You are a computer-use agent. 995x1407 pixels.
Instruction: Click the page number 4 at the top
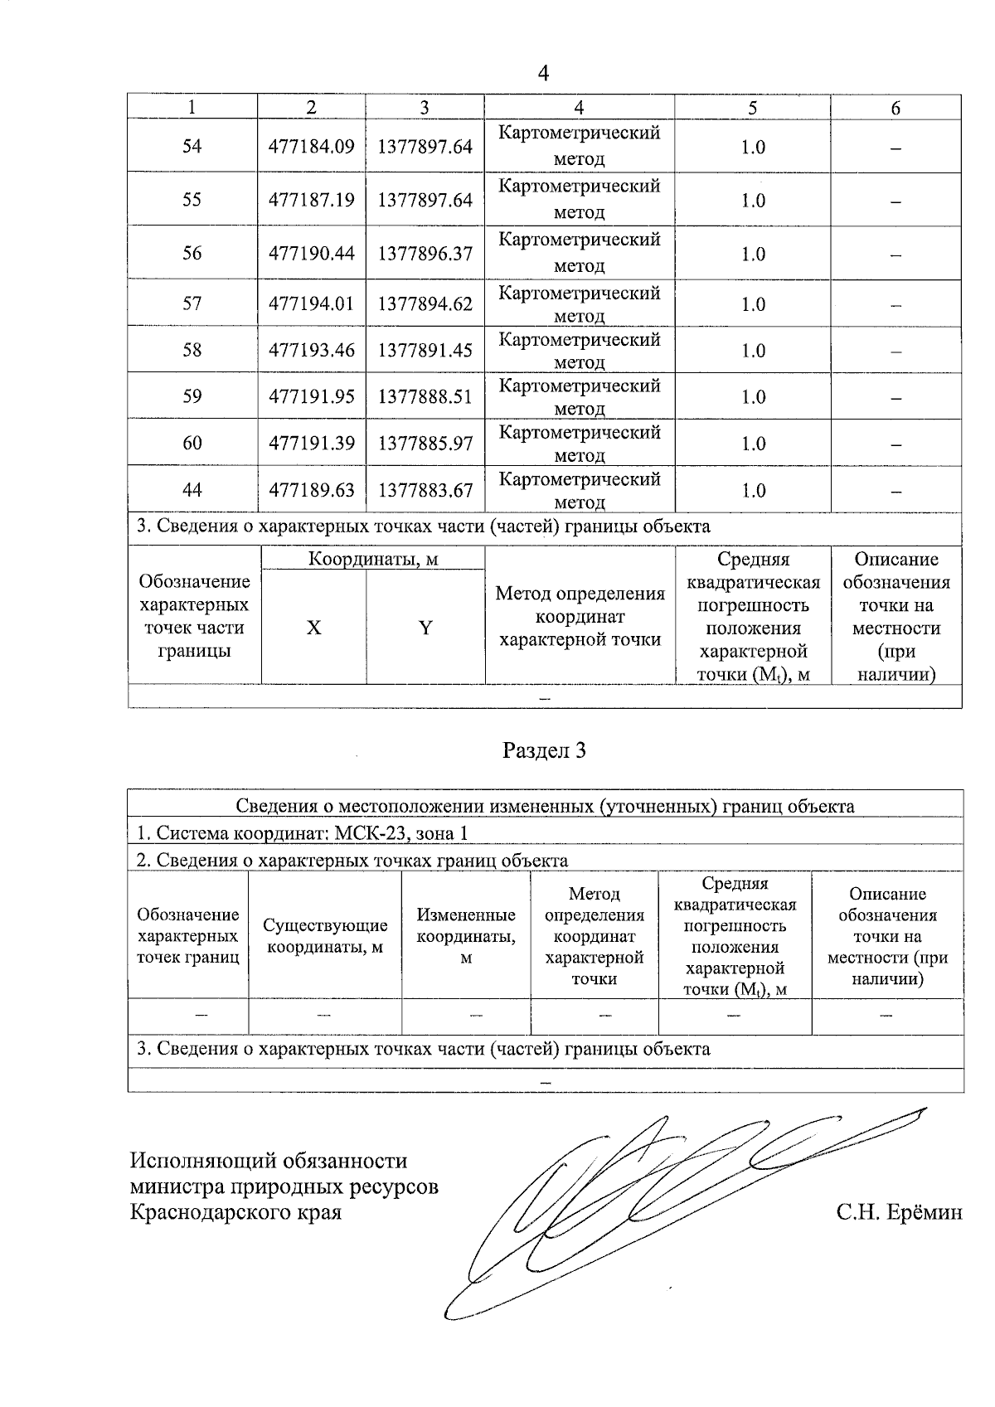[543, 74]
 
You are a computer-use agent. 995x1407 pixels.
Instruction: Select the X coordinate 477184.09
[311, 147]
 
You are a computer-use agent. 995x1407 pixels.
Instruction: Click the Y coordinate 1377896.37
[425, 254]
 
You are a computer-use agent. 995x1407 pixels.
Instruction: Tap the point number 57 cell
[192, 304]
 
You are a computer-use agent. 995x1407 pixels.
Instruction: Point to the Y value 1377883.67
[425, 491]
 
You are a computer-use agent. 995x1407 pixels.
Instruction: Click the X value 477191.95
[311, 397]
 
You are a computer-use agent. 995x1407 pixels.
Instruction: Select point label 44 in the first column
[192, 491]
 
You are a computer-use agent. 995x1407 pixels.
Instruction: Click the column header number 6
[895, 108]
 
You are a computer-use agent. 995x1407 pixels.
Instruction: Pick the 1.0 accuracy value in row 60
[753, 444]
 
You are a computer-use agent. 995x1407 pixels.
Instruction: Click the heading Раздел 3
[544, 751]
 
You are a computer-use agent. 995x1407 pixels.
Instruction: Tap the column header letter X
[313, 628]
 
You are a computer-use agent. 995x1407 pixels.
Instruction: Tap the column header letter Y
[425, 628]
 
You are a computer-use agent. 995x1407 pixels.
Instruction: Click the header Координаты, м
[372, 560]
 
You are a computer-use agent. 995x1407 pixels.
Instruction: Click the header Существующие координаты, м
[325, 936]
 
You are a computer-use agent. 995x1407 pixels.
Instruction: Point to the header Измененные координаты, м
[466, 936]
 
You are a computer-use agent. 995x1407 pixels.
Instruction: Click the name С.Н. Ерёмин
[899, 1213]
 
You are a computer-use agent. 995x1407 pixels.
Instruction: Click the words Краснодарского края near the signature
[236, 1213]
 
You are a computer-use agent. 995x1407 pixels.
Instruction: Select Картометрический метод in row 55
[579, 199]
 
